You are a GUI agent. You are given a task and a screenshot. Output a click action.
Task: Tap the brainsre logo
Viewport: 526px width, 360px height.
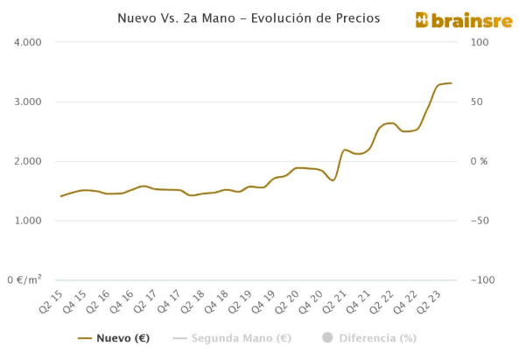pyautogui.click(x=463, y=20)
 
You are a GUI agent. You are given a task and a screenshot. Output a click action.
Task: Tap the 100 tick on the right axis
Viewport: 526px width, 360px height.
pyautogui.click(x=479, y=42)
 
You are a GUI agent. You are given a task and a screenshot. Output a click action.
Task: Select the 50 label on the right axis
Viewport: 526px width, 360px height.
pyautogui.click(x=476, y=102)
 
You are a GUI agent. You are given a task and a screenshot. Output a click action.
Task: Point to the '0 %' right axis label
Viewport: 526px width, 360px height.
pyautogui.click(x=478, y=161)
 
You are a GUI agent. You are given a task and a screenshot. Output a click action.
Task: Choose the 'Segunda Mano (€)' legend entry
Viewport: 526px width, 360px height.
pyautogui.click(x=232, y=338)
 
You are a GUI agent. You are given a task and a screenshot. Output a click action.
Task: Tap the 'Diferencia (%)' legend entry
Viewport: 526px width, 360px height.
pyautogui.click(x=369, y=338)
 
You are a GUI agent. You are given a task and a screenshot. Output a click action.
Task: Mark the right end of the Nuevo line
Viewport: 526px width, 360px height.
pyautogui.click(x=451, y=83)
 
